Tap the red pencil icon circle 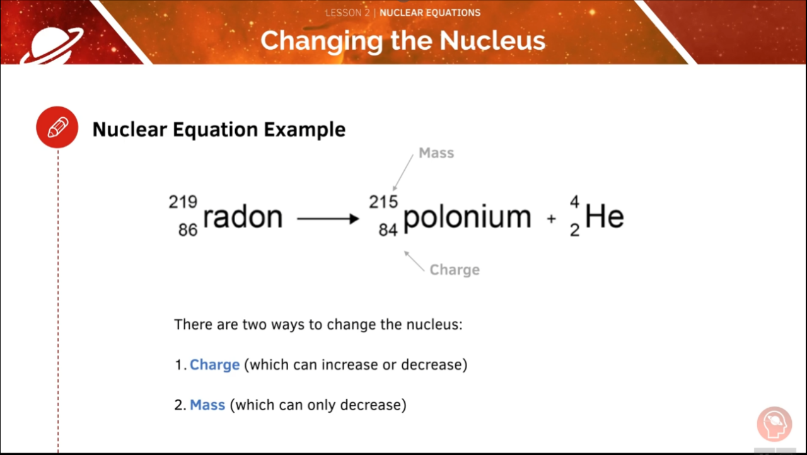pyautogui.click(x=57, y=127)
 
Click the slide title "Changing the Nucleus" pyautogui.click(x=402, y=40)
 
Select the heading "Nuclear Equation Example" pyautogui.click(x=219, y=129)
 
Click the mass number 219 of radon pyautogui.click(x=183, y=202)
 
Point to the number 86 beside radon pyautogui.click(x=187, y=230)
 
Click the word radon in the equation pyautogui.click(x=243, y=217)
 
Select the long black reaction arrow pyautogui.click(x=327, y=219)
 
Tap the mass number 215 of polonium pyautogui.click(x=383, y=202)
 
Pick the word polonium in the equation pyautogui.click(x=467, y=217)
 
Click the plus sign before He pyautogui.click(x=552, y=219)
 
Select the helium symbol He pyautogui.click(x=604, y=217)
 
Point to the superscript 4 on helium pyautogui.click(x=574, y=202)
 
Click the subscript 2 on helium pyautogui.click(x=574, y=231)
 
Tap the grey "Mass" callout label pyautogui.click(x=436, y=153)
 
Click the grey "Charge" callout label pyautogui.click(x=455, y=270)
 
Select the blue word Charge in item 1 pyautogui.click(x=214, y=365)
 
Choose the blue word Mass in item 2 pyautogui.click(x=207, y=405)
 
